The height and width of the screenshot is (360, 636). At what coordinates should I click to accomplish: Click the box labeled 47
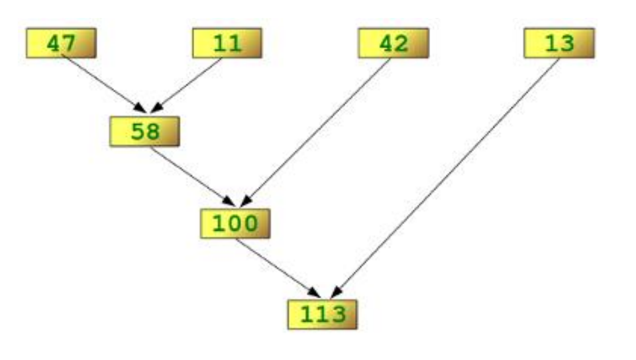pos(61,43)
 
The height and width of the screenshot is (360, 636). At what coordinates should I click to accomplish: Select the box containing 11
pos(227,43)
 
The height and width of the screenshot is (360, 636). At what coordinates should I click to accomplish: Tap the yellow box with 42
pos(393,43)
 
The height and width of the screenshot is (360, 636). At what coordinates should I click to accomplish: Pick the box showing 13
pos(558,43)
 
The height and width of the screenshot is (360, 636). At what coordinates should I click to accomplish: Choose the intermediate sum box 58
pos(144,131)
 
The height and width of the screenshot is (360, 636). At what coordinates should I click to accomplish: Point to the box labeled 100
pos(235,223)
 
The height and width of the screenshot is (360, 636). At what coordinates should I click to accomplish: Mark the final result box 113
pos(323,314)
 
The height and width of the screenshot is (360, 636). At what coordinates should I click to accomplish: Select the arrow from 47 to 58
pos(103,83)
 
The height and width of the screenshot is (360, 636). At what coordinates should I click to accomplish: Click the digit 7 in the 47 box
pos(69,43)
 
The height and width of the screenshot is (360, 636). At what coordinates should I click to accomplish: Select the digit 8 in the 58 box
pos(152,131)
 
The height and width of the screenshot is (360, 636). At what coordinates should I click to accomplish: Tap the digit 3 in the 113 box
pos(337,314)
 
